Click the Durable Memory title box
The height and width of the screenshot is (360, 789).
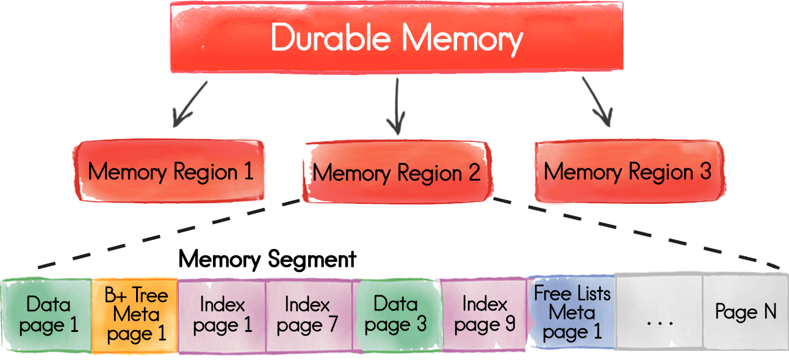coord(396,38)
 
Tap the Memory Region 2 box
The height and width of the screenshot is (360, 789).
coord(396,173)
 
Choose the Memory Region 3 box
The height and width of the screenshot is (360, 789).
coord(627,171)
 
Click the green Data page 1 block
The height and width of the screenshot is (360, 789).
coord(46,314)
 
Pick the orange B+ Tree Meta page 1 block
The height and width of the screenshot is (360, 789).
coord(135,314)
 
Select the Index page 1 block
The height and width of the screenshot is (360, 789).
coord(222,314)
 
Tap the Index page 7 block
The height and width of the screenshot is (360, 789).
coord(309,314)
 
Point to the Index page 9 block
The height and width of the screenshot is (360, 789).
coord(483,314)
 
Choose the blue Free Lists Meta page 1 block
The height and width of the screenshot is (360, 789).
coord(571,312)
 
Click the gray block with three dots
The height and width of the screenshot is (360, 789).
coord(659,314)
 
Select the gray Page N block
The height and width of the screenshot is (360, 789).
coord(746,312)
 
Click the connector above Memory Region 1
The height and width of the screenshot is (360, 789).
coord(190,104)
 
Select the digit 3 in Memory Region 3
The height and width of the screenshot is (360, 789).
coord(705,171)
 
